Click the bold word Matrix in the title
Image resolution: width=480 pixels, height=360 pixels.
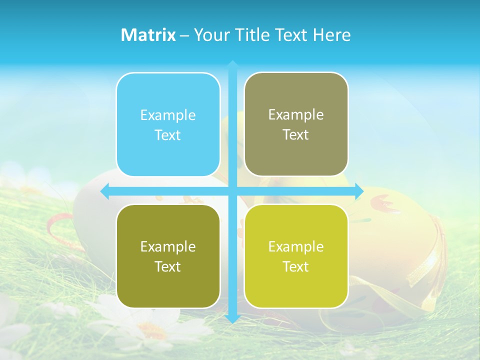coord(148,35)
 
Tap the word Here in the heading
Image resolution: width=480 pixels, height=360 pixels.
coord(331,35)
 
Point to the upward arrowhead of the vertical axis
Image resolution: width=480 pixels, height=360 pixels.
coord(232,65)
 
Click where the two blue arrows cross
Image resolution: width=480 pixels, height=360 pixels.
coord(232,191)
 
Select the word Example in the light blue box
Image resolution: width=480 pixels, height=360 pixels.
coord(168,115)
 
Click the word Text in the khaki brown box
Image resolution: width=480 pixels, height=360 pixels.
coord(296,135)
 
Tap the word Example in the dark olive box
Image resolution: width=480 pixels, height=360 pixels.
coord(168,247)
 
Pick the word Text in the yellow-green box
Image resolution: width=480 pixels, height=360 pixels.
coord(296,266)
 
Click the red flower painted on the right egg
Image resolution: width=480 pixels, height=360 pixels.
coord(382,203)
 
